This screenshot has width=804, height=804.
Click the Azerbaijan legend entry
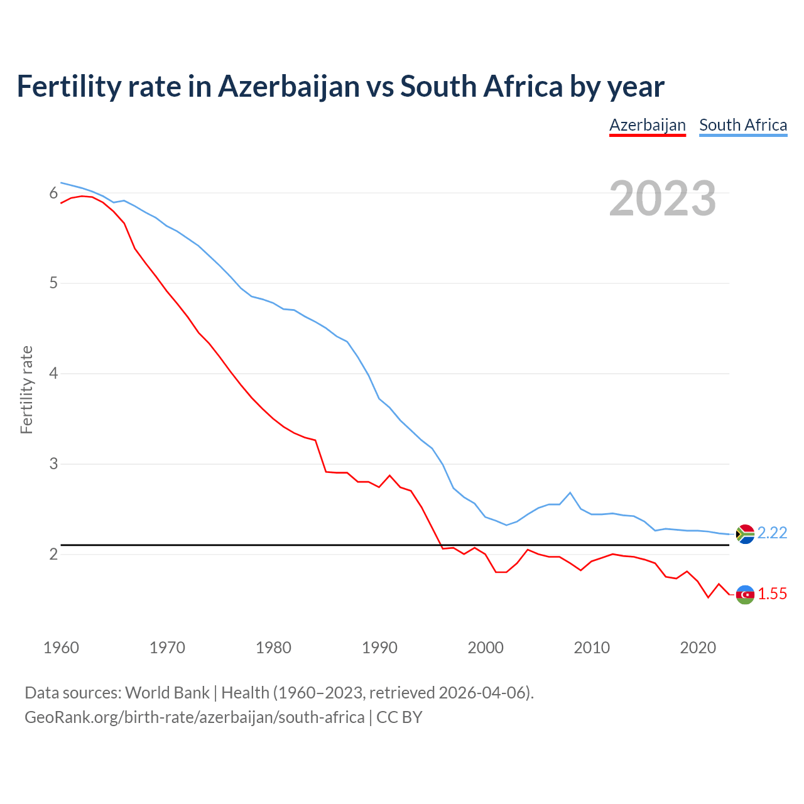tap(648, 125)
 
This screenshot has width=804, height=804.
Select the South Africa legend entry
tap(743, 125)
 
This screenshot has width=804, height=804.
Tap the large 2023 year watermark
tap(663, 198)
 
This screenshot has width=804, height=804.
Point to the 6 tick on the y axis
tap(53, 193)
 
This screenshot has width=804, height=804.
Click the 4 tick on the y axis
tap(53, 374)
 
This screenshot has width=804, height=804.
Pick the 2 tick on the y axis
tap(53, 555)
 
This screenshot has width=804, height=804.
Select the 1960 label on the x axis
tap(61, 648)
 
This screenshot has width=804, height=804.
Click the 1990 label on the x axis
tap(379, 648)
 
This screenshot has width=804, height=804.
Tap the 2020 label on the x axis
tap(698, 648)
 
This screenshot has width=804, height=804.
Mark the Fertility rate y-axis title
tap(26, 389)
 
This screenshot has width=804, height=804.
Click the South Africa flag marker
tap(745, 533)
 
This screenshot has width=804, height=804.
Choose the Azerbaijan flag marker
tap(745, 594)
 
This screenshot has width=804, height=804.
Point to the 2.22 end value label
tap(772, 533)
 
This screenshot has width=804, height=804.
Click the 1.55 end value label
tap(772, 594)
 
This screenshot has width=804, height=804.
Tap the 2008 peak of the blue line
tap(570, 492)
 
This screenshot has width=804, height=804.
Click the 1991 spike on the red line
tap(389, 475)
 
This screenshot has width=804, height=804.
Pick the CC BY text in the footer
tap(399, 717)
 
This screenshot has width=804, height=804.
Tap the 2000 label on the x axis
tap(486, 648)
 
